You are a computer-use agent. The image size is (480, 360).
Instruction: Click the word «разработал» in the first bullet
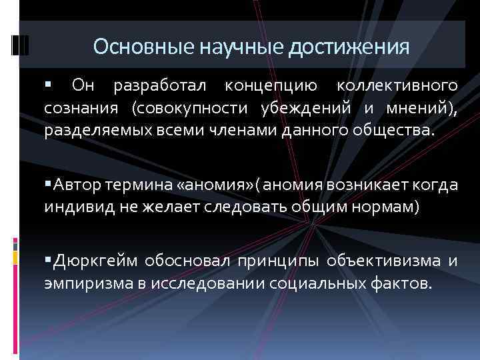click(x=161, y=86)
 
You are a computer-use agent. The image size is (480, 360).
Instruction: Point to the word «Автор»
click(x=78, y=184)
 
